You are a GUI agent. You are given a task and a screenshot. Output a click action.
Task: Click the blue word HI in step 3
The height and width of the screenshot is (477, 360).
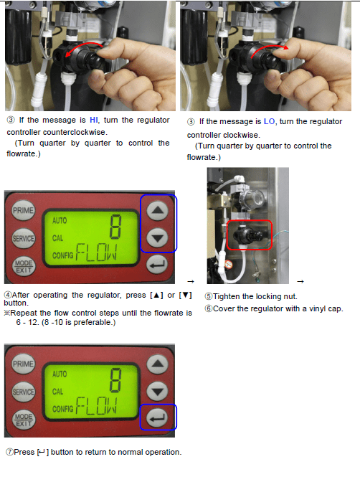point(94,121)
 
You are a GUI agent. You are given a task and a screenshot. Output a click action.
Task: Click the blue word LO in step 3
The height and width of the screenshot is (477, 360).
point(269,121)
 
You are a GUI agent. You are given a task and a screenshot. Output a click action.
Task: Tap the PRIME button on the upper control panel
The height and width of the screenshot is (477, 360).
point(23,210)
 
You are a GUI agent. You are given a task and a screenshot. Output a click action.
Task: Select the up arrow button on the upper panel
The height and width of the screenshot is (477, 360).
point(157,210)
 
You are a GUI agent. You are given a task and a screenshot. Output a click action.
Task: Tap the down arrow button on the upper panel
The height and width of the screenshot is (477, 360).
point(157,238)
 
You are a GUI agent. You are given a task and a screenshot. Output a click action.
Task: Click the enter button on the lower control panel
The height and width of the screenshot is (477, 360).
point(157,418)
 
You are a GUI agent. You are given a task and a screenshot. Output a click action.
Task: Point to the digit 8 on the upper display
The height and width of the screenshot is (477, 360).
point(115,227)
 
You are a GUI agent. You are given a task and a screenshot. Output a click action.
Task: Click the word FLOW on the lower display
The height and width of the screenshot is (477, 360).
point(96,406)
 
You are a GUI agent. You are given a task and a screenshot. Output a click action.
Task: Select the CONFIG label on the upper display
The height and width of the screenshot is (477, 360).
point(62,255)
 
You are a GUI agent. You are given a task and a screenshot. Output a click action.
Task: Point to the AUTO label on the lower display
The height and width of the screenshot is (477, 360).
point(60,374)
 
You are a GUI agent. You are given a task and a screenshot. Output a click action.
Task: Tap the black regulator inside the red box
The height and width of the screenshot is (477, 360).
point(247,235)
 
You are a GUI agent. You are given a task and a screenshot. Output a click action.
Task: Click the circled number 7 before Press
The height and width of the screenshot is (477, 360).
point(9,453)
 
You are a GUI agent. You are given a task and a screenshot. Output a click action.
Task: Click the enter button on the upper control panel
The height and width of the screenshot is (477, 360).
point(157,265)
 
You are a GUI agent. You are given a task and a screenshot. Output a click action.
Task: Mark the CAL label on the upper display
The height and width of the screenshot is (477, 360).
point(57,238)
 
